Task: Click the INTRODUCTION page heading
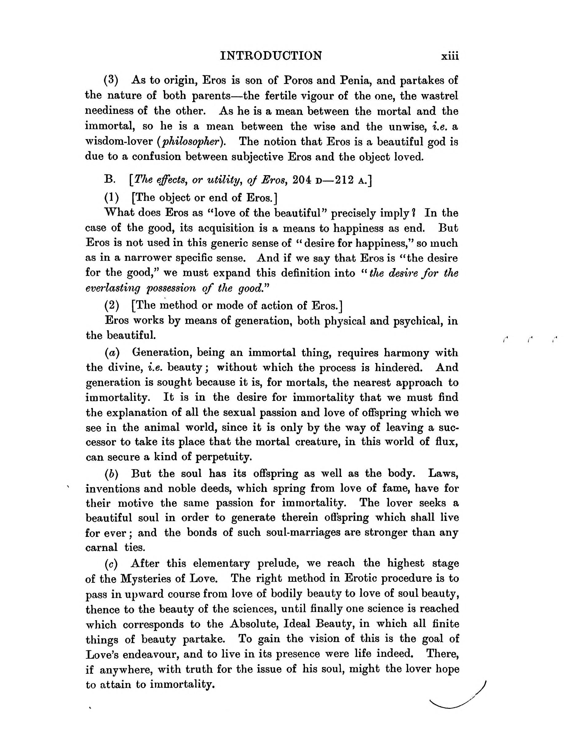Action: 271,55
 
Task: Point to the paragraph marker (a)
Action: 112,353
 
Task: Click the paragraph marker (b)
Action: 112,473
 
